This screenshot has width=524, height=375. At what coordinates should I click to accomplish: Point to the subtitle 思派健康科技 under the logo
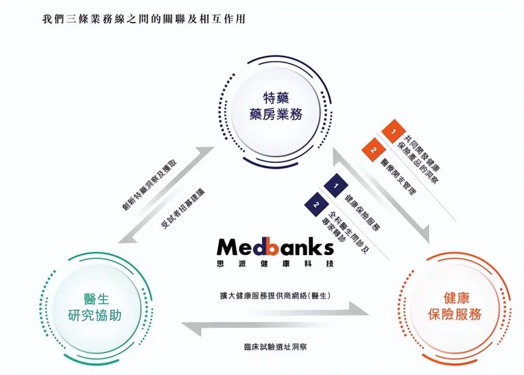tap(275, 265)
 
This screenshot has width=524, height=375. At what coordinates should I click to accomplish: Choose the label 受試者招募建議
tap(182, 208)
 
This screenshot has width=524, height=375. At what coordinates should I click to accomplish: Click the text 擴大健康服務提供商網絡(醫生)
tap(275, 295)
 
